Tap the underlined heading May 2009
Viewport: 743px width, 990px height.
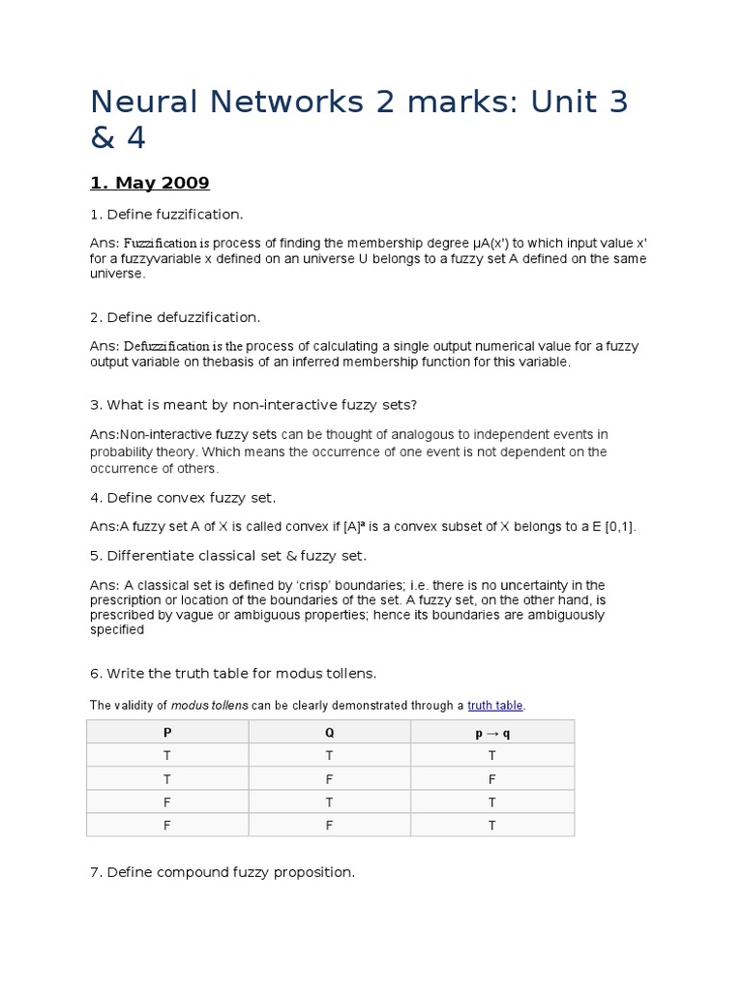click(150, 183)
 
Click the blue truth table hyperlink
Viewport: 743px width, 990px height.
click(496, 706)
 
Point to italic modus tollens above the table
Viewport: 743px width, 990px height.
click(210, 706)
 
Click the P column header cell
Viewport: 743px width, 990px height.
click(167, 732)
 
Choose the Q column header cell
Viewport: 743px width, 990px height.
click(330, 732)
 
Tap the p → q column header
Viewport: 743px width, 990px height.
click(492, 732)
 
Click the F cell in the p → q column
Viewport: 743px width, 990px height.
click(492, 778)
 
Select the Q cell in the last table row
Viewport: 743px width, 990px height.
click(330, 825)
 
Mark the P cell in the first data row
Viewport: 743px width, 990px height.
click(167, 755)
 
